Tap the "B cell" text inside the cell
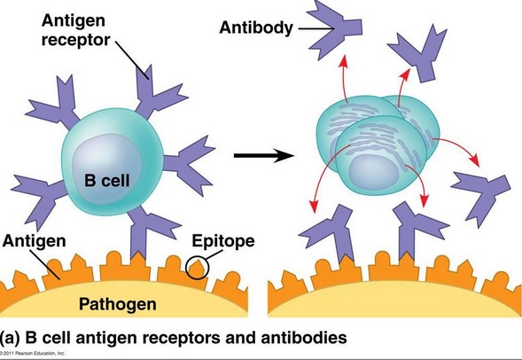coord(105,179)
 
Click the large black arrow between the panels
coord(263,157)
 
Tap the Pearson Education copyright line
coord(40,354)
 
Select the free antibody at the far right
coord(479,190)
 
